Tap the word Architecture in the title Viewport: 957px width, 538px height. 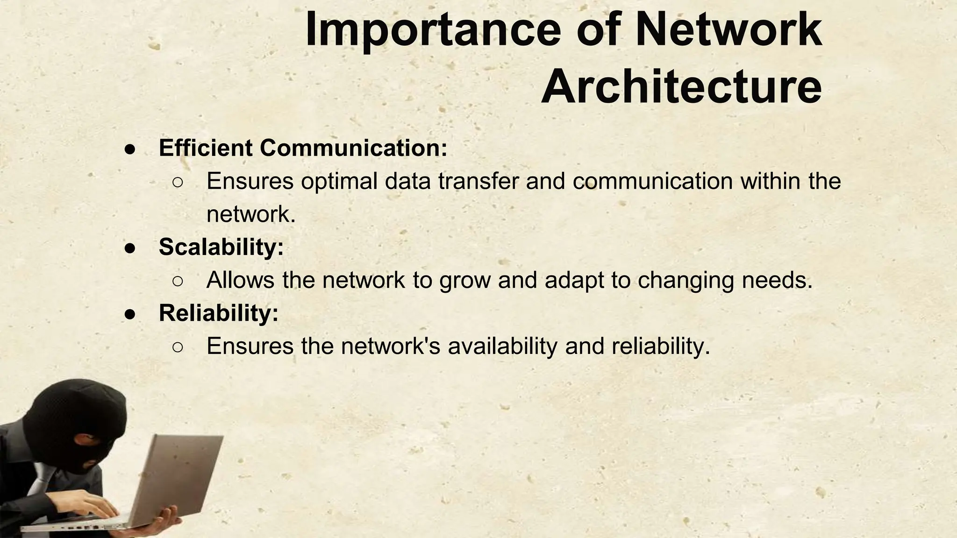(x=681, y=87)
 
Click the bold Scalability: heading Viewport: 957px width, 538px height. (x=221, y=247)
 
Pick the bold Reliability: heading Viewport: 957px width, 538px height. (x=219, y=313)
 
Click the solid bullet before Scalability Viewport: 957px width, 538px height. (x=130, y=248)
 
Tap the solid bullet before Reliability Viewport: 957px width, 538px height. (x=130, y=314)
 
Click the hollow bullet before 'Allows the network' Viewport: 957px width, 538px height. (x=178, y=281)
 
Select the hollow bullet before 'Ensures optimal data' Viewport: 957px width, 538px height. (x=178, y=182)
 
